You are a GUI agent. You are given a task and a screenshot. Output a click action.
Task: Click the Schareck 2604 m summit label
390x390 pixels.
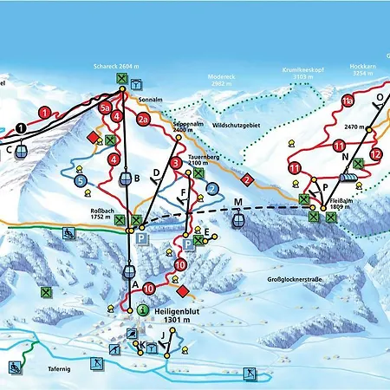(117, 66)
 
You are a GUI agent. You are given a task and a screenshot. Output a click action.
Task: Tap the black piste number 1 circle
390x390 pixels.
(19, 128)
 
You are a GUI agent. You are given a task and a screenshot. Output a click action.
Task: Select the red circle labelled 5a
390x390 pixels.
(106, 108)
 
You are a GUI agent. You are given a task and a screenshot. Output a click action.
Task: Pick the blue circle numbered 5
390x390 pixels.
(80, 181)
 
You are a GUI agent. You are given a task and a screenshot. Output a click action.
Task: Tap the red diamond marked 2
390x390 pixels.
(247, 180)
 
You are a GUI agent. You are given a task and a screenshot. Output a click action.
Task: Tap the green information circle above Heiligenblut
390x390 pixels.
(142, 309)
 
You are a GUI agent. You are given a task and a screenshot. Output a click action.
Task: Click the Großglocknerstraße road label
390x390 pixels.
(292, 280)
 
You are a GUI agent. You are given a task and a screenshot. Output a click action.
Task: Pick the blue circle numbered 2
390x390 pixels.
(211, 188)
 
